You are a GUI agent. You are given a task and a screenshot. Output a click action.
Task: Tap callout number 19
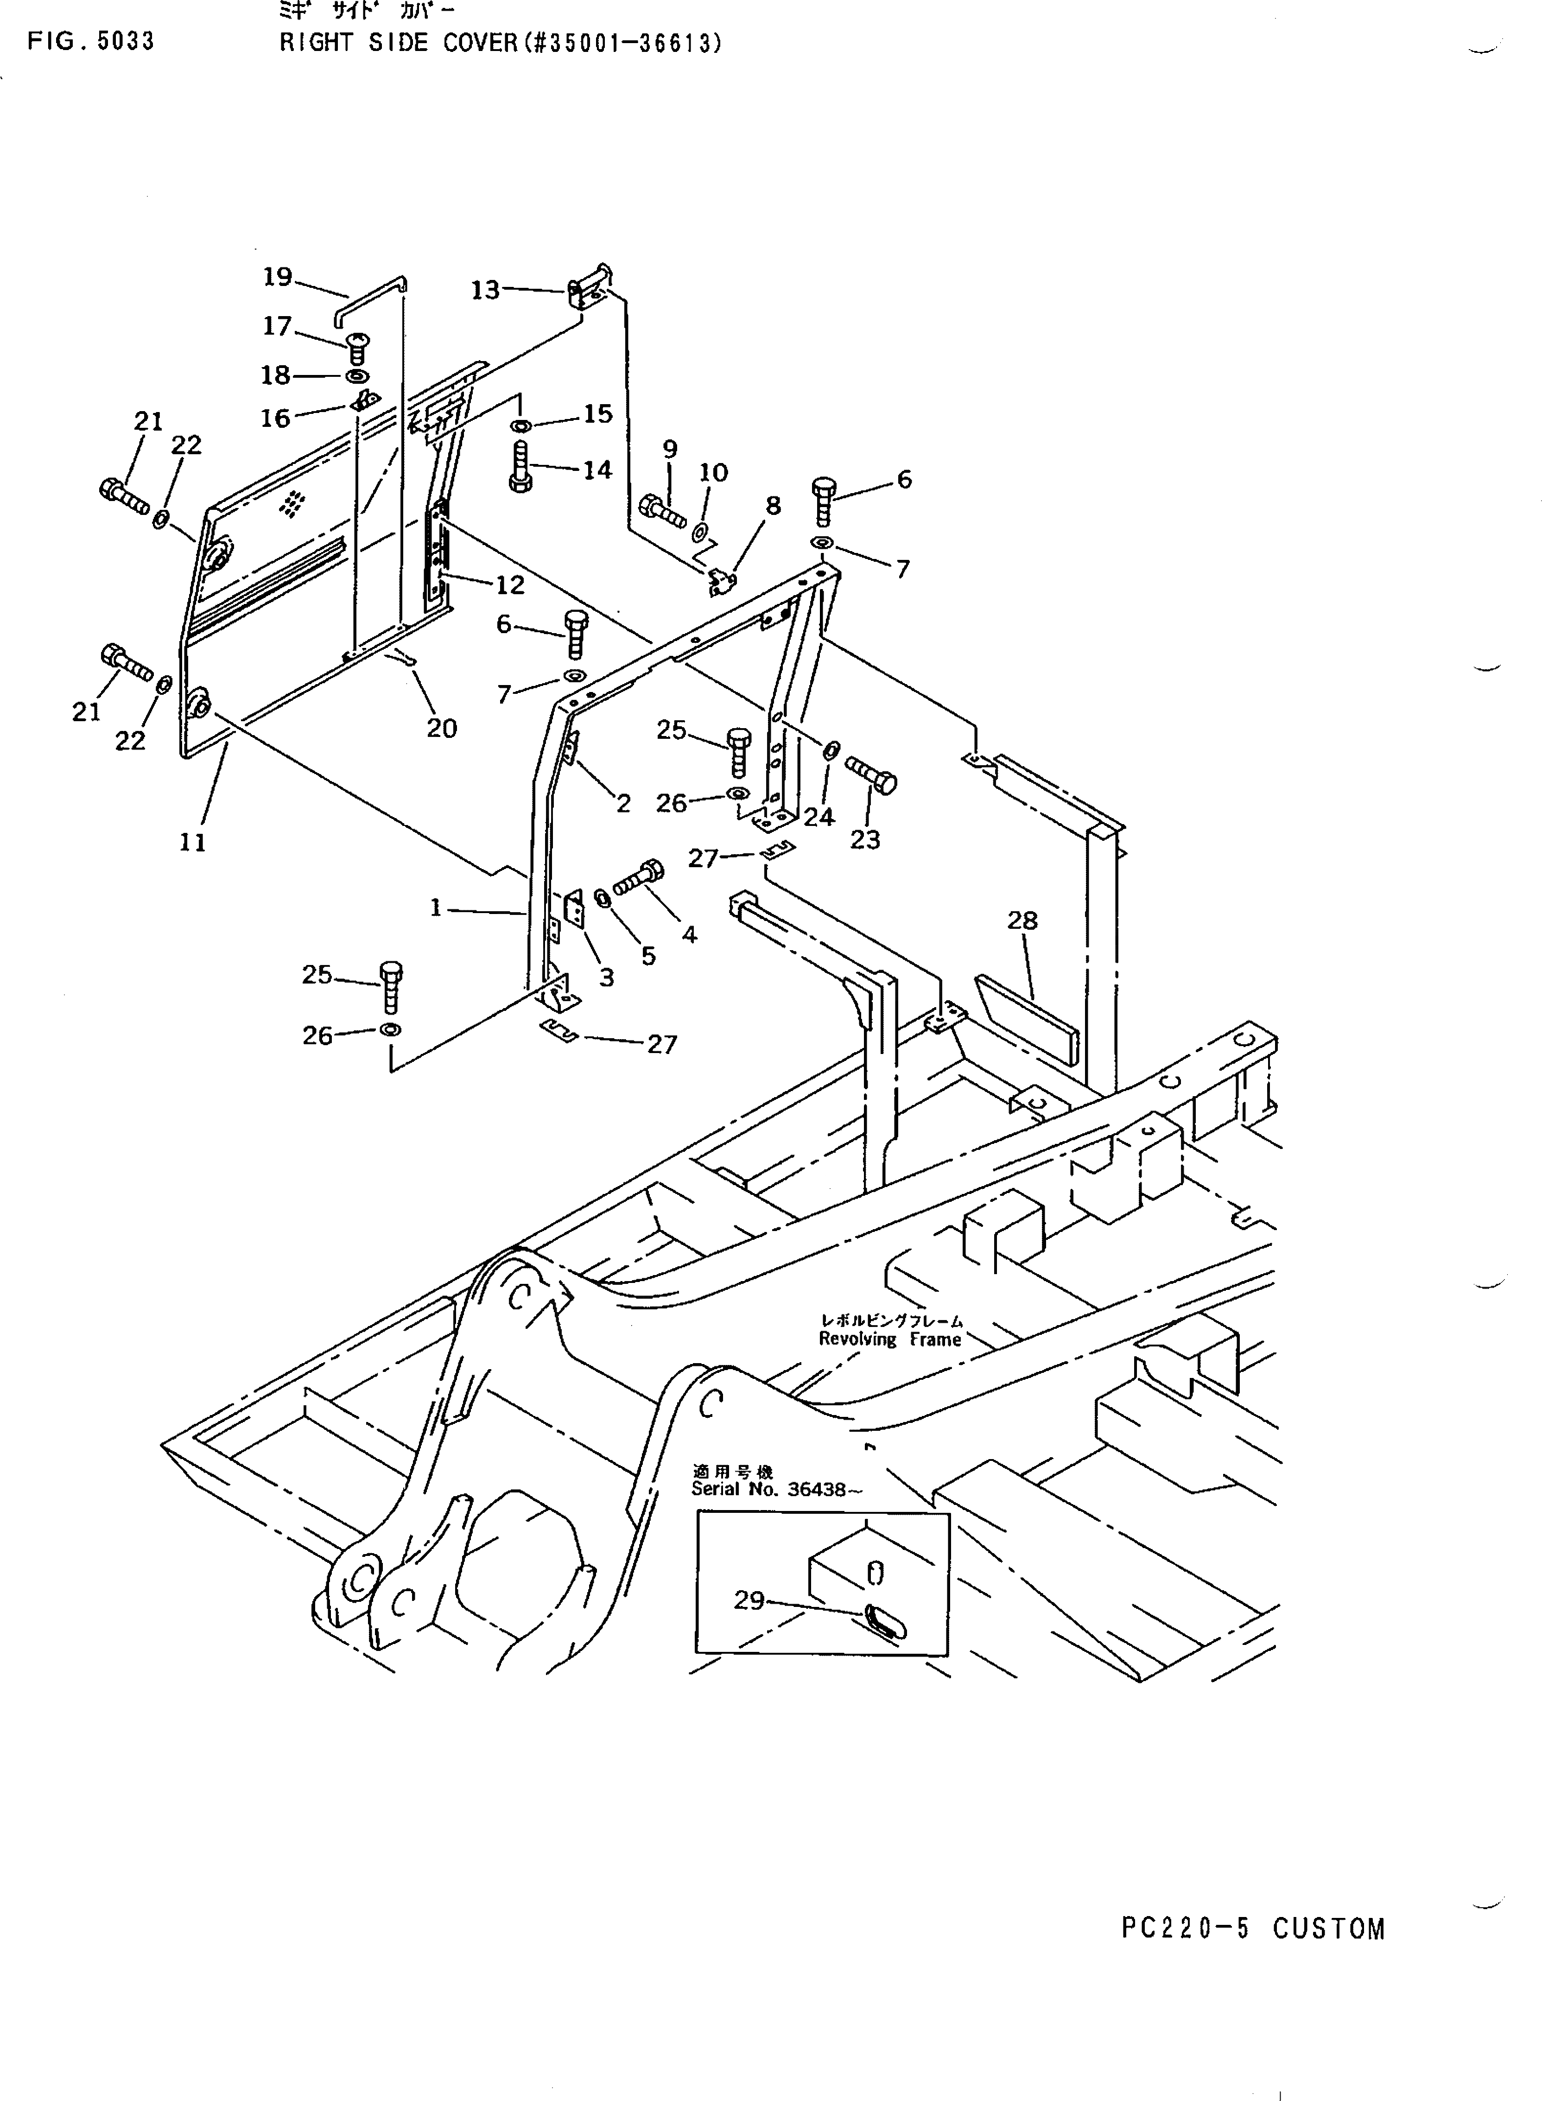coord(277,277)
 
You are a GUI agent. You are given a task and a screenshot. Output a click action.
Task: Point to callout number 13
coord(484,290)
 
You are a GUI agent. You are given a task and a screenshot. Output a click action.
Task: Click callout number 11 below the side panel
coord(192,842)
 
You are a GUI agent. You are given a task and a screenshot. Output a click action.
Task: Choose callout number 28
coord(1022,920)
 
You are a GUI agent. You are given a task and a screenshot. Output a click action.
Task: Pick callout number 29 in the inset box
coord(749,1600)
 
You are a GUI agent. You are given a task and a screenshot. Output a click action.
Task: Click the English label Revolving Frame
coord(889,1339)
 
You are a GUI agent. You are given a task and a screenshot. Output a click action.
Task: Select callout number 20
coord(442,728)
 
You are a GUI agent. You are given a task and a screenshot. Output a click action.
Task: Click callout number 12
coord(510,585)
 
